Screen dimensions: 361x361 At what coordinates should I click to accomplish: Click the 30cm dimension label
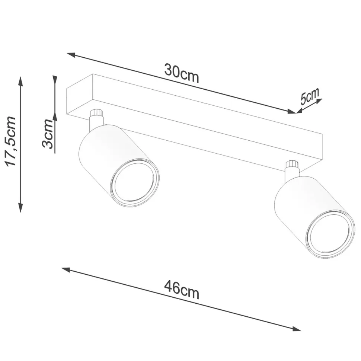coord(181,73)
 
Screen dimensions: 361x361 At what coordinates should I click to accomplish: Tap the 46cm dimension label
coord(181,290)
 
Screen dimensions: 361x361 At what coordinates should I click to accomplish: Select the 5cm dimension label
coord(310,96)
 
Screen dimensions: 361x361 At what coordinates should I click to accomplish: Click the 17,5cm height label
coord(10,141)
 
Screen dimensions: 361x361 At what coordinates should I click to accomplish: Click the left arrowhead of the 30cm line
coord(71,55)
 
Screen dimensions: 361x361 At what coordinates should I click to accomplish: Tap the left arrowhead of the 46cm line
coord(66,269)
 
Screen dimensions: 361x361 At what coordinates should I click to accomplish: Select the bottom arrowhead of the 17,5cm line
coord(20,207)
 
